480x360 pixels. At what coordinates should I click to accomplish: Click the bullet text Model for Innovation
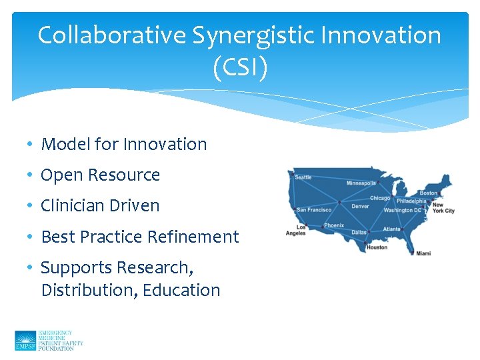124,144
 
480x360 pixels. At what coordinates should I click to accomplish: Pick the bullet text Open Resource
101,175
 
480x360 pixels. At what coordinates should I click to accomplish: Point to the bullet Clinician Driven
100,205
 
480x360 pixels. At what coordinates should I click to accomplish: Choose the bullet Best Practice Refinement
140,237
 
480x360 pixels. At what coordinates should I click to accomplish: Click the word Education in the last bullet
181,290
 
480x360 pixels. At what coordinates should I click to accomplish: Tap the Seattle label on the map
303,177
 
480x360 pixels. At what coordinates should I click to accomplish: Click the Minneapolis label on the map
361,183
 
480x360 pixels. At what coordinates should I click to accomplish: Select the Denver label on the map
360,207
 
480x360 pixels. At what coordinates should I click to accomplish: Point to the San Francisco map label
314,210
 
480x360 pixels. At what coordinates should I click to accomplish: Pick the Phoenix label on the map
334,226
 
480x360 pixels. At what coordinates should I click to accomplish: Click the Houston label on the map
377,247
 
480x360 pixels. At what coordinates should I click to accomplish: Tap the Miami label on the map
423,253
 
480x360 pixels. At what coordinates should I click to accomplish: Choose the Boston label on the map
429,193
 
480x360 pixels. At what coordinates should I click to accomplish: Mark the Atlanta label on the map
392,229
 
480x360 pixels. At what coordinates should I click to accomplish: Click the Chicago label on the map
380,198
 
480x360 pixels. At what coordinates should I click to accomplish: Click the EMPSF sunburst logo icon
25,340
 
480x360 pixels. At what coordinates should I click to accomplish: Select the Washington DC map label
403,211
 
